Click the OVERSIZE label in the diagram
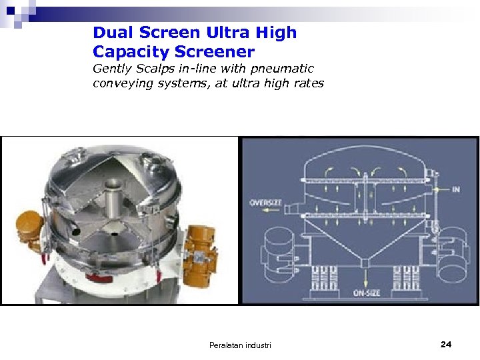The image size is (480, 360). tap(265, 203)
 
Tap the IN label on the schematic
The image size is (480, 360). tap(456, 189)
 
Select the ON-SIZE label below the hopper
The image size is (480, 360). tap(366, 293)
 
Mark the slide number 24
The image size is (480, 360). tap(446, 344)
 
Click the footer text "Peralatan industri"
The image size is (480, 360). tap(240, 345)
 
